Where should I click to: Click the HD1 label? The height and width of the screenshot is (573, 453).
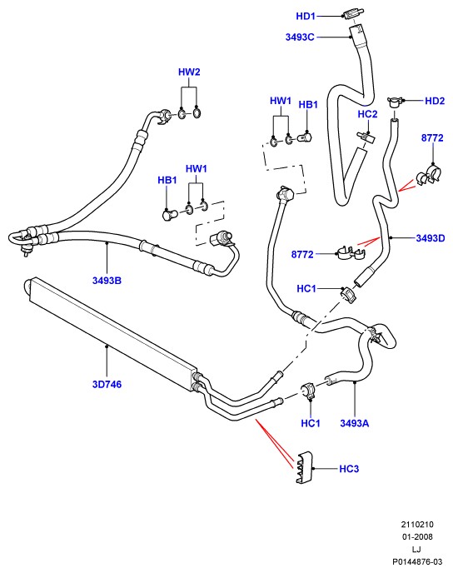[x=306, y=16]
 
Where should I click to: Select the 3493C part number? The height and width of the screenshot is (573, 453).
[x=300, y=37]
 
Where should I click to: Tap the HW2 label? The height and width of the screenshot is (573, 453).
[x=189, y=72]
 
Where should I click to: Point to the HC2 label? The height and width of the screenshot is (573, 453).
[x=367, y=114]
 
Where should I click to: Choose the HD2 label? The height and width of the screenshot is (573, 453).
[x=435, y=101]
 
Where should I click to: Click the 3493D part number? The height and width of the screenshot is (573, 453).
[x=431, y=238]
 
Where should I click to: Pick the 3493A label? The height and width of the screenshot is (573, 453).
[x=355, y=423]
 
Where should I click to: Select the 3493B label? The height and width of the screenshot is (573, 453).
[x=107, y=281]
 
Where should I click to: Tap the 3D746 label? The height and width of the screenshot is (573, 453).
[x=107, y=384]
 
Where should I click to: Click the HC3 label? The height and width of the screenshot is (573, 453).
[x=349, y=469]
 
